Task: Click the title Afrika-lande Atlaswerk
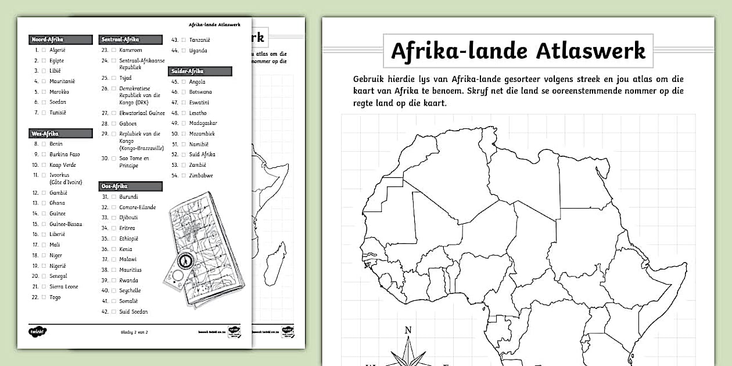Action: coord(518,51)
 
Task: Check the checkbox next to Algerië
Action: coord(44,51)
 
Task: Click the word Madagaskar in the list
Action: coord(203,123)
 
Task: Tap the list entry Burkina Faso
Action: coord(64,155)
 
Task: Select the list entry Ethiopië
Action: coord(129,239)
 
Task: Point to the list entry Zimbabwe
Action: coord(201,175)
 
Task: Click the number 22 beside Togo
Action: coord(35,297)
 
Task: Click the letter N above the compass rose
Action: coord(408,331)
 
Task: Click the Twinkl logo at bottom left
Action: coord(37,332)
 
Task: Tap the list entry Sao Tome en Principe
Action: coord(134,162)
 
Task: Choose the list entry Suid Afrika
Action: coord(202,155)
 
